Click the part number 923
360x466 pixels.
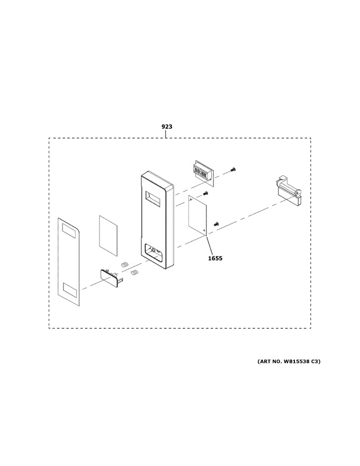[x=167, y=127]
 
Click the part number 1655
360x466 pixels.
[x=215, y=258]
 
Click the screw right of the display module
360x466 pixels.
[x=232, y=169]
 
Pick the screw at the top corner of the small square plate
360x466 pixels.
[x=205, y=193]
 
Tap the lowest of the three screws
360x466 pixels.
[x=216, y=223]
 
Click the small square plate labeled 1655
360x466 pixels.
[x=197, y=215]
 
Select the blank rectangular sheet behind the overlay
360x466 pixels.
[x=108, y=236]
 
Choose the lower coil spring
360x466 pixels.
[x=134, y=272]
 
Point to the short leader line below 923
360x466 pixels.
[x=166, y=134]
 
